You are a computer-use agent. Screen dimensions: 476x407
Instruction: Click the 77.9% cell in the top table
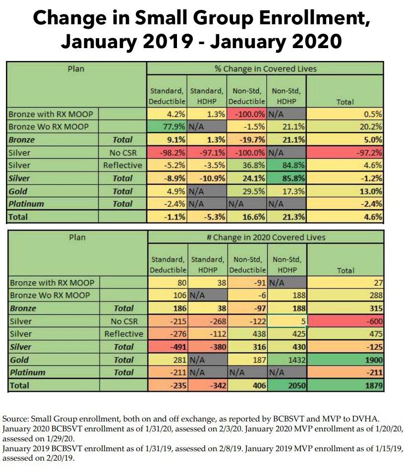(x=167, y=126)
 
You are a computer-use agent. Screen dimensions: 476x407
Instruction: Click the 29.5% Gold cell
(x=247, y=191)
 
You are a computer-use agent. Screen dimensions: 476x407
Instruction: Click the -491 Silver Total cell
(x=167, y=347)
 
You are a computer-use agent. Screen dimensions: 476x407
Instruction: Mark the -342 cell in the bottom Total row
(x=207, y=385)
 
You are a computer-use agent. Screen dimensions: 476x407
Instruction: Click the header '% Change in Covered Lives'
(x=265, y=69)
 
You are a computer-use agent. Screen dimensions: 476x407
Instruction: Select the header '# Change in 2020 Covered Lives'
(x=265, y=238)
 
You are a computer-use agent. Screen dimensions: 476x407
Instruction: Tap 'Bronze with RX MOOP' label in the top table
(x=51, y=114)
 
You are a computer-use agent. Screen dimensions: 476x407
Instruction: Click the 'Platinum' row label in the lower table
(x=27, y=372)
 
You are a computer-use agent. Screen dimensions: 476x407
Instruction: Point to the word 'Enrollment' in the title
(x=305, y=19)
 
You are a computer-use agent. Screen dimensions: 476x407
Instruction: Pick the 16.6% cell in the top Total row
(x=247, y=217)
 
